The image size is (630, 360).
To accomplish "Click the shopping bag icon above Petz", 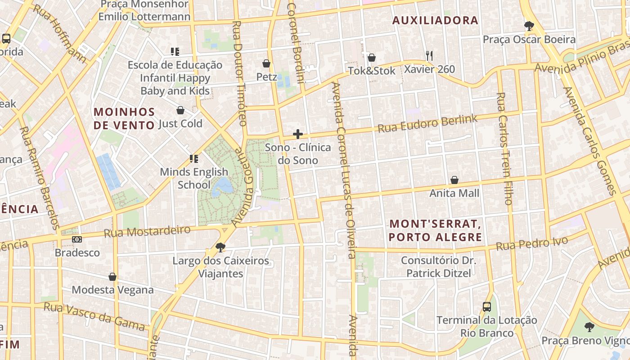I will pyautogui.click(x=266, y=63).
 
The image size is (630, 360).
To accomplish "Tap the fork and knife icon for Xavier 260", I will pyautogui.click(x=429, y=56).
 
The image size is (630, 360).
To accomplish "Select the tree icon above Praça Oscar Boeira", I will pyautogui.click(x=529, y=26).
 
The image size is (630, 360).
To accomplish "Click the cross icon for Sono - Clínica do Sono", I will pyautogui.click(x=297, y=134).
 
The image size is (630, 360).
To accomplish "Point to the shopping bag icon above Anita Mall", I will pyautogui.click(x=454, y=180).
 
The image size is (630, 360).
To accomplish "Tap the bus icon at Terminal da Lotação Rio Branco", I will pyautogui.click(x=487, y=307).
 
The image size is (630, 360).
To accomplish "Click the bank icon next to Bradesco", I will pyautogui.click(x=77, y=239).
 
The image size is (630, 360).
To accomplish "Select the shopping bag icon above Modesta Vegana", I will pyautogui.click(x=112, y=277).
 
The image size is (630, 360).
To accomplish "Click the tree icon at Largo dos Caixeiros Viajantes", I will pyautogui.click(x=220, y=247).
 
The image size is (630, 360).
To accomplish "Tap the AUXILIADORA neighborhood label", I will pyautogui.click(x=435, y=20).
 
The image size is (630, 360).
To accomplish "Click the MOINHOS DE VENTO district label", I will pyautogui.click(x=124, y=118).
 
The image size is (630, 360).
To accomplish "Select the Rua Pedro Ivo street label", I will pyautogui.click(x=532, y=243).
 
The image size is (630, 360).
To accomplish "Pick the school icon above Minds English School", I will pyautogui.click(x=194, y=158).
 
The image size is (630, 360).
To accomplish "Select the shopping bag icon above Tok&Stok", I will pyautogui.click(x=372, y=58).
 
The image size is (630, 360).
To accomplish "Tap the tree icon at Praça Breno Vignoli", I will pyautogui.click(x=589, y=327).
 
